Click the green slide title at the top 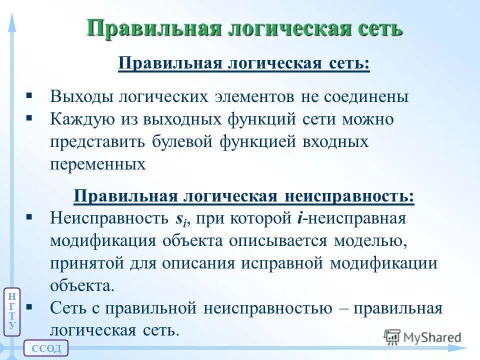[x=244, y=28]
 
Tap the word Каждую [x=82, y=119]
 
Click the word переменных [x=98, y=164]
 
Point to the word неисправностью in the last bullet [x=267, y=308]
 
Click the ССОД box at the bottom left [x=46, y=348]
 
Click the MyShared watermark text [x=432, y=337]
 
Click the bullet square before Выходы [x=29, y=95]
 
